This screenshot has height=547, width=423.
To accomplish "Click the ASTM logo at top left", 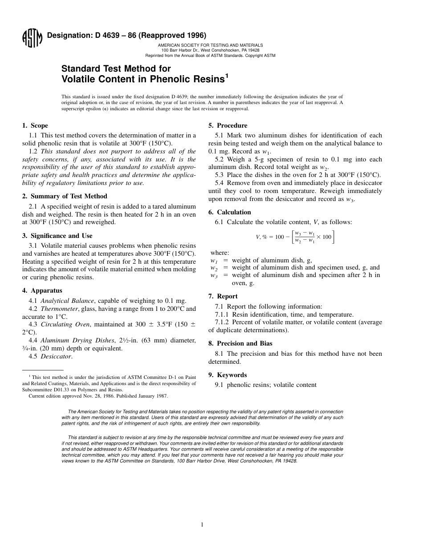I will pos(32,39).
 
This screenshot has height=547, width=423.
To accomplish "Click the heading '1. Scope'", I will pos(35,125).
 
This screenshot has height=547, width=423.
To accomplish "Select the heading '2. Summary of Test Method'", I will pos(65,196).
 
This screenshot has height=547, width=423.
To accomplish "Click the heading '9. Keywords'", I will pos(227,375).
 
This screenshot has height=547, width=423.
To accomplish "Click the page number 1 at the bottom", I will pos(202,525).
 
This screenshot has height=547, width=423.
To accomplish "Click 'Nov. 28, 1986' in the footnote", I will pos(88,395).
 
